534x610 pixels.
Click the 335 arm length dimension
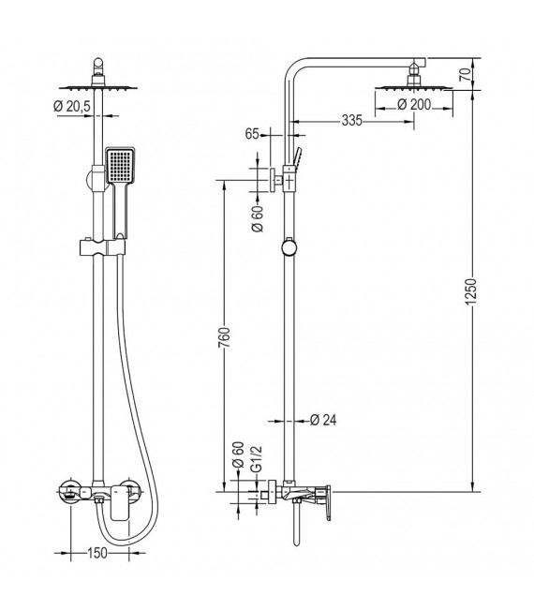pyautogui.click(x=325, y=120)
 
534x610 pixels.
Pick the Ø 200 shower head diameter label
pyautogui.click(x=414, y=105)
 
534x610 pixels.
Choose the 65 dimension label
pyautogui.click(x=251, y=134)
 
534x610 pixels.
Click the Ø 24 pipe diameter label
pyautogui.click(x=322, y=420)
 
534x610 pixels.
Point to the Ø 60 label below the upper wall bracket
pyautogui.click(x=256, y=220)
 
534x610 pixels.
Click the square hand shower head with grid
pyautogui.click(x=121, y=169)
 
